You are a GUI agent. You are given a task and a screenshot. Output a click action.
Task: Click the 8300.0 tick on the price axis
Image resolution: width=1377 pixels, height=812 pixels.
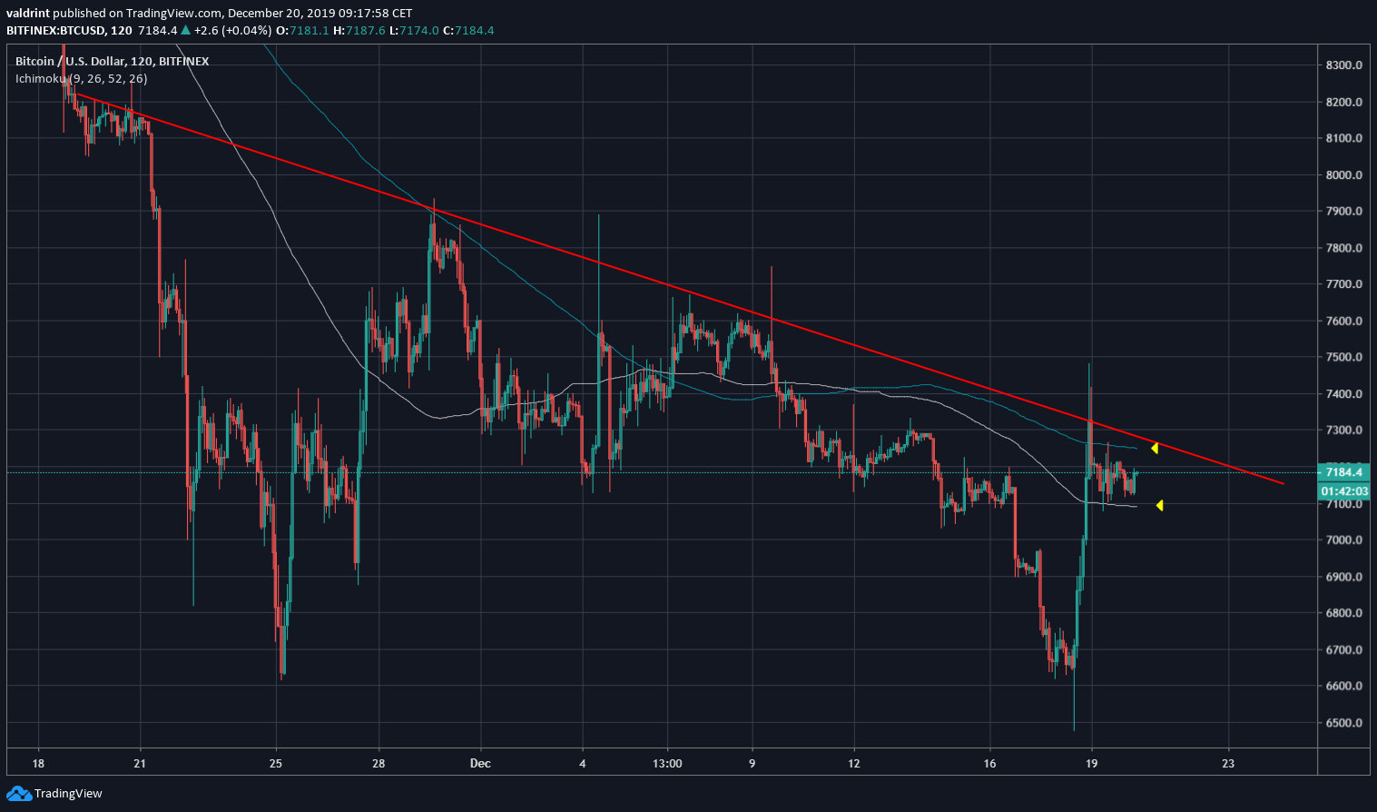click(1343, 65)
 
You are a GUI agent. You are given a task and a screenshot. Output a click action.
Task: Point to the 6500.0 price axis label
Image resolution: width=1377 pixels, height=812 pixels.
click(1343, 723)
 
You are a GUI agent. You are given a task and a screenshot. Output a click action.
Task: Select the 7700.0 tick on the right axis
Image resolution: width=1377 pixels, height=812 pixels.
click(1343, 284)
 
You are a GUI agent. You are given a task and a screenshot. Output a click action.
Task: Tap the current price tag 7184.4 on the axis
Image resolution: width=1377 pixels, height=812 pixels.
click(1343, 472)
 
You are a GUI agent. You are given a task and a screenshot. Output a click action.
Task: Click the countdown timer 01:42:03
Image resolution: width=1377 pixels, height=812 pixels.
click(1343, 491)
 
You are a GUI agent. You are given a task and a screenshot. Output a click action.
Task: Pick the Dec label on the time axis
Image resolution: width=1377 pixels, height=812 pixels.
click(480, 764)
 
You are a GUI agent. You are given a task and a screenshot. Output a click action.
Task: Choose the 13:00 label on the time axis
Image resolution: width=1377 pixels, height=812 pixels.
click(667, 764)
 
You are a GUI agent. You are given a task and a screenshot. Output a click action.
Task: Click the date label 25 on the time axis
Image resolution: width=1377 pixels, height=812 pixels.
click(276, 764)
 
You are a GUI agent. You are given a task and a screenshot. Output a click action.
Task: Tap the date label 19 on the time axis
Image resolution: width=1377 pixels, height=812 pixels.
click(1091, 764)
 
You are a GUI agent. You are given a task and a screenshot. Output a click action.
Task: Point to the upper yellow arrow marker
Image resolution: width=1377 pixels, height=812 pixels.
click(1155, 448)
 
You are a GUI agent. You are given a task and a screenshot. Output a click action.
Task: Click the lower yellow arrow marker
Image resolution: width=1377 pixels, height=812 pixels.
click(1159, 505)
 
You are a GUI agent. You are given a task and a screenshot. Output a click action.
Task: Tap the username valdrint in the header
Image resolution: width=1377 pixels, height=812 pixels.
click(27, 13)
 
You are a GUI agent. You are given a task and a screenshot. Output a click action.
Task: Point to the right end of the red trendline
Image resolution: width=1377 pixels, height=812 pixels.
click(1283, 483)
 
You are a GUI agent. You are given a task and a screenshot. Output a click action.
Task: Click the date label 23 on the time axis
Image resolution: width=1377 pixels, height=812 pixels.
click(1228, 764)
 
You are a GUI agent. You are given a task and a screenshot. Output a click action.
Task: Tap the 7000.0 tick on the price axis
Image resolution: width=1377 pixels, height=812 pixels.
click(1343, 540)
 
